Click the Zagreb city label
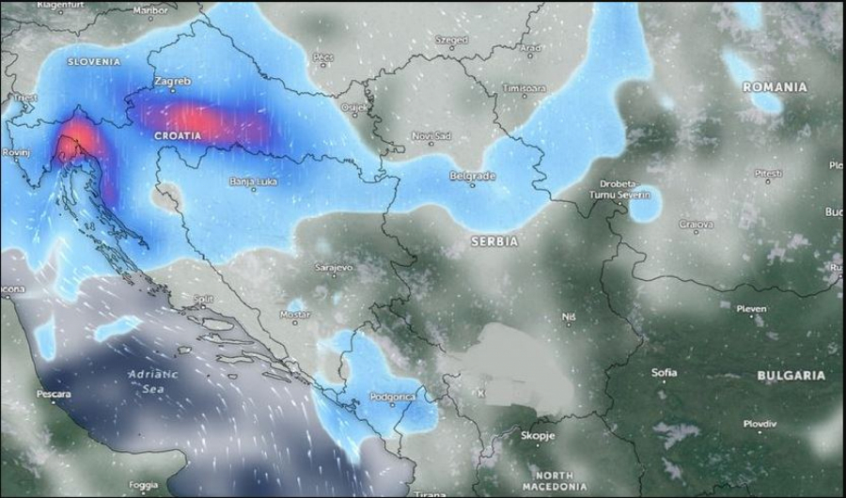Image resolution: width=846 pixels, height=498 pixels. click(172, 82)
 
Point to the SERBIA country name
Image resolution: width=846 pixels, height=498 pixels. click(494, 241)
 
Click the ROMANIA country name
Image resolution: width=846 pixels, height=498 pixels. click(775, 86)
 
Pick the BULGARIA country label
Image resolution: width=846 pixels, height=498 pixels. click(791, 375)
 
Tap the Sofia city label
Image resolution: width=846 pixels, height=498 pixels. click(664, 372)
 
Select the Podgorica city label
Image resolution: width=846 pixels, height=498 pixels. click(391, 397)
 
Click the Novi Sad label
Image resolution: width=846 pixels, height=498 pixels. click(431, 135)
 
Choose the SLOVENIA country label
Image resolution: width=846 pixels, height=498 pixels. click(94, 61)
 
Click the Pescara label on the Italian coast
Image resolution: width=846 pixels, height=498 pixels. click(54, 394)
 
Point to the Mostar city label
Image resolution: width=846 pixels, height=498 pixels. click(295, 314)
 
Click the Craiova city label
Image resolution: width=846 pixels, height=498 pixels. click(697, 225)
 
